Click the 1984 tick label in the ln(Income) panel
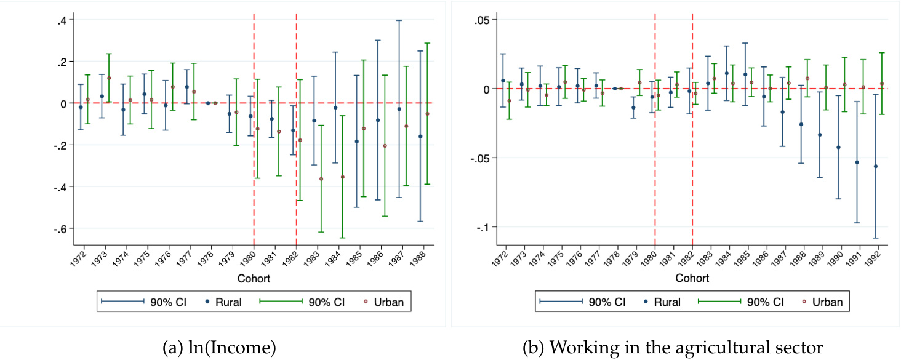point(332,257)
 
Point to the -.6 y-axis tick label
point(60,228)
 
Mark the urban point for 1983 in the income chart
point(321,178)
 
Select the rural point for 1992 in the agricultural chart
point(875,166)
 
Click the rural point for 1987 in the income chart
point(399,109)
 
